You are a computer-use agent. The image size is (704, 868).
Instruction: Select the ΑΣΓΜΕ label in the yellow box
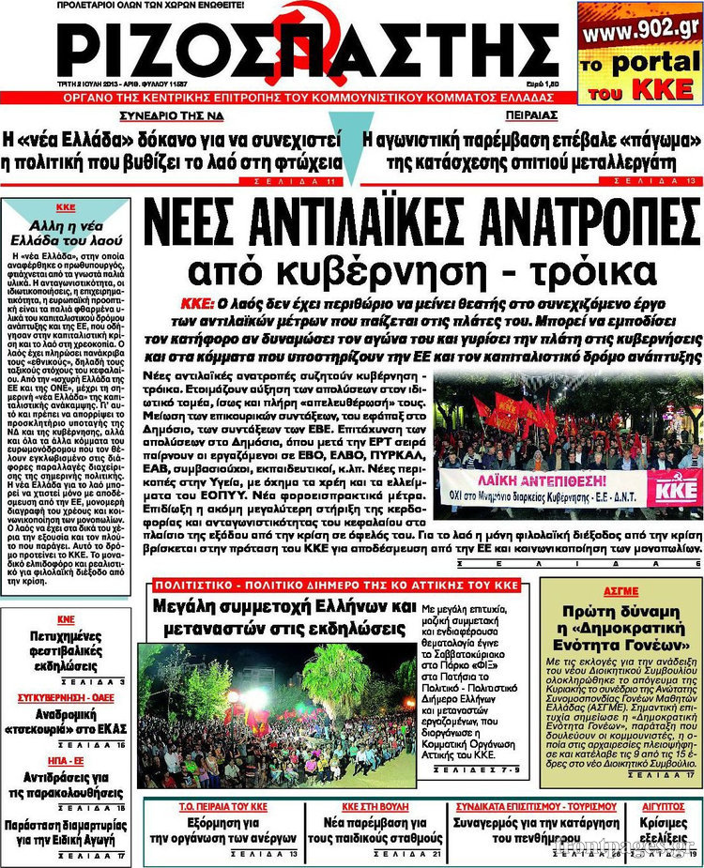click(622, 591)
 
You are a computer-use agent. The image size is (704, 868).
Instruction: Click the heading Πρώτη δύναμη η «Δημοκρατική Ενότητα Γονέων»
click(622, 627)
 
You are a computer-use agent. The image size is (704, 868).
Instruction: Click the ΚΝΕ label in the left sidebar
click(65, 619)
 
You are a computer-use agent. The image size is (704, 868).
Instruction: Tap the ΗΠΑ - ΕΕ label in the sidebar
click(65, 761)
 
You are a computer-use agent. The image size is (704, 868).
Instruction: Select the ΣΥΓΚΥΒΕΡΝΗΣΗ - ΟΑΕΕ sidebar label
click(65, 698)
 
